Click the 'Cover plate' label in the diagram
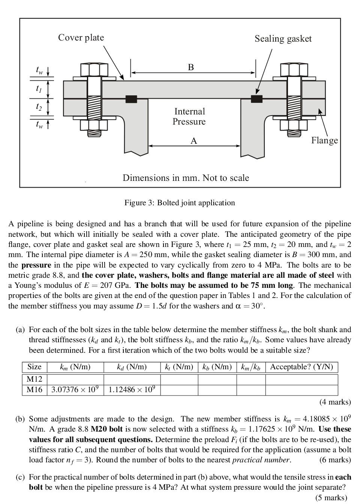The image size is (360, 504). pyautogui.click(x=81, y=38)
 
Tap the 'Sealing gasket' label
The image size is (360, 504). pyautogui.click(x=283, y=39)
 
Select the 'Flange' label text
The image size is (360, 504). pyautogui.click(x=324, y=140)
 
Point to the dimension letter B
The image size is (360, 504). pyautogui.click(x=191, y=68)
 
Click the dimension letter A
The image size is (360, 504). pyautogui.click(x=193, y=141)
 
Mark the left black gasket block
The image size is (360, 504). pyautogui.click(x=131, y=99)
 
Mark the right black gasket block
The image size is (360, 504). pyautogui.click(x=256, y=99)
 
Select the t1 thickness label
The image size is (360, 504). pyautogui.click(x=39, y=89)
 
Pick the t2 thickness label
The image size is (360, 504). pyautogui.click(x=39, y=107)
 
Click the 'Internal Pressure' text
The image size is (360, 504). pyautogui.click(x=189, y=116)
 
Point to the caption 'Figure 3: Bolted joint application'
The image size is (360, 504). pyautogui.click(x=180, y=203)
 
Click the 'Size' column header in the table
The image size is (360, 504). pyautogui.click(x=34, y=367)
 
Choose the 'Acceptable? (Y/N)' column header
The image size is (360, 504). pyautogui.click(x=301, y=367)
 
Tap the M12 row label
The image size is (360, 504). pyautogui.click(x=34, y=379)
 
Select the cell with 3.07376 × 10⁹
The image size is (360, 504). pyautogui.click(x=75, y=390)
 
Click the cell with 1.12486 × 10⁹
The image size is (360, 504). pyautogui.click(x=132, y=390)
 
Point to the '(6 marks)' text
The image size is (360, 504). pyautogui.click(x=335, y=460)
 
